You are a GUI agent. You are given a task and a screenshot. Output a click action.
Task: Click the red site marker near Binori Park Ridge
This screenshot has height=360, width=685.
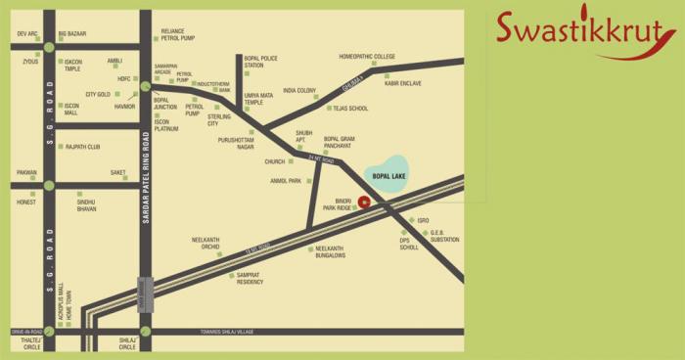363,202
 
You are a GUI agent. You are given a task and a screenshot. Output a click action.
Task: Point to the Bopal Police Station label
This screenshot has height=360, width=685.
261,63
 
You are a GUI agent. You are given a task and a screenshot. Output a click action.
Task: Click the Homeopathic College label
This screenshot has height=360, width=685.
367,57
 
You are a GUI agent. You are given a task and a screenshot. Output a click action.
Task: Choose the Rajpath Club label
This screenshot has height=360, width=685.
83,147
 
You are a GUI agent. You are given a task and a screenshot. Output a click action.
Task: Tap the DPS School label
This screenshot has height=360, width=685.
409,244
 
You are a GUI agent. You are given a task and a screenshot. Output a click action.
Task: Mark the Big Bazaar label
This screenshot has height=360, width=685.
72,34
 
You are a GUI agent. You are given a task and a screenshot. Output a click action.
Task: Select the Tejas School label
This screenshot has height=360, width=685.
350,108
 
